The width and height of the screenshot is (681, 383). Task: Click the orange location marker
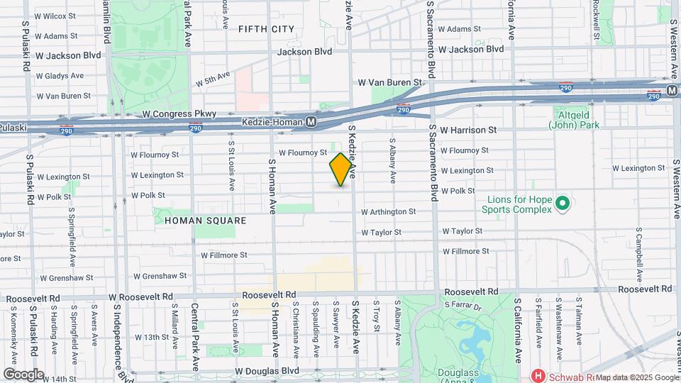click(x=341, y=170)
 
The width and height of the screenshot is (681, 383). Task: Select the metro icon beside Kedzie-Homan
click(x=311, y=122)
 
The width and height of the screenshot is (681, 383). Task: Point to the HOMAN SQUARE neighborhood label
click(x=205, y=221)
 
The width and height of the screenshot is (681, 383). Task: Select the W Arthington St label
click(x=388, y=211)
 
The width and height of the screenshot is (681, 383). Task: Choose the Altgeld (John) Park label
click(x=574, y=119)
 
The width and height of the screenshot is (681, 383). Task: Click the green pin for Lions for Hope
click(x=563, y=204)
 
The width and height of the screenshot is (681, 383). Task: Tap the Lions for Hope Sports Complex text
click(x=516, y=204)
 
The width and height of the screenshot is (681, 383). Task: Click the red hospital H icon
click(x=539, y=375)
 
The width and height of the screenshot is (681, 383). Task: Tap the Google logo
click(x=23, y=374)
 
